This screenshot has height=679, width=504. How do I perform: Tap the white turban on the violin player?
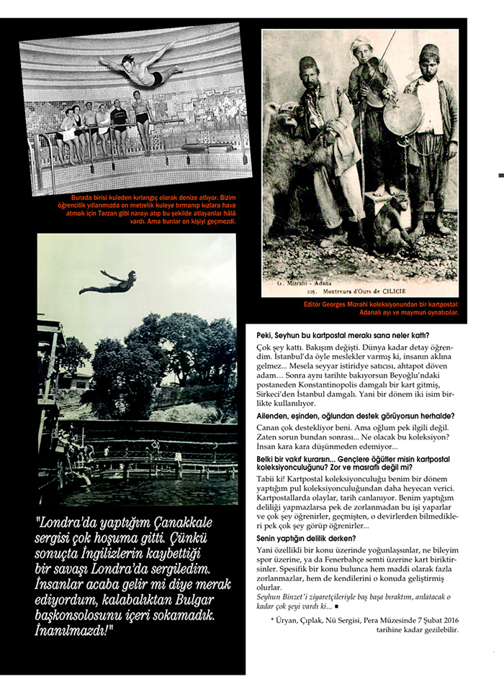point(361,45)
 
